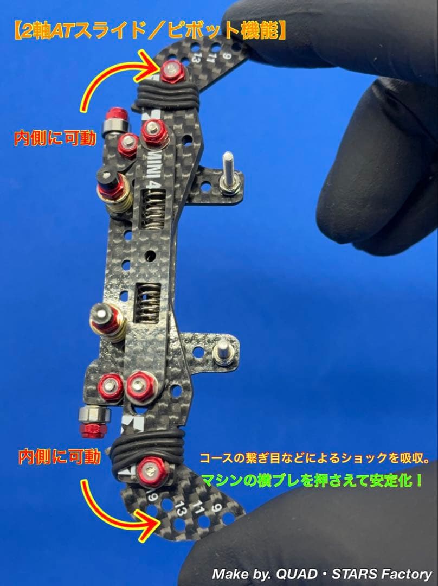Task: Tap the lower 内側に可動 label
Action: point(60,456)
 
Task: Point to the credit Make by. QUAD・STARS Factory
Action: point(322,574)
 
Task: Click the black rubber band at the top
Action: point(166,97)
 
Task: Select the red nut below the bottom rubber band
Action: point(152,469)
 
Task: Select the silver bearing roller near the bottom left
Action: point(95,416)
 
